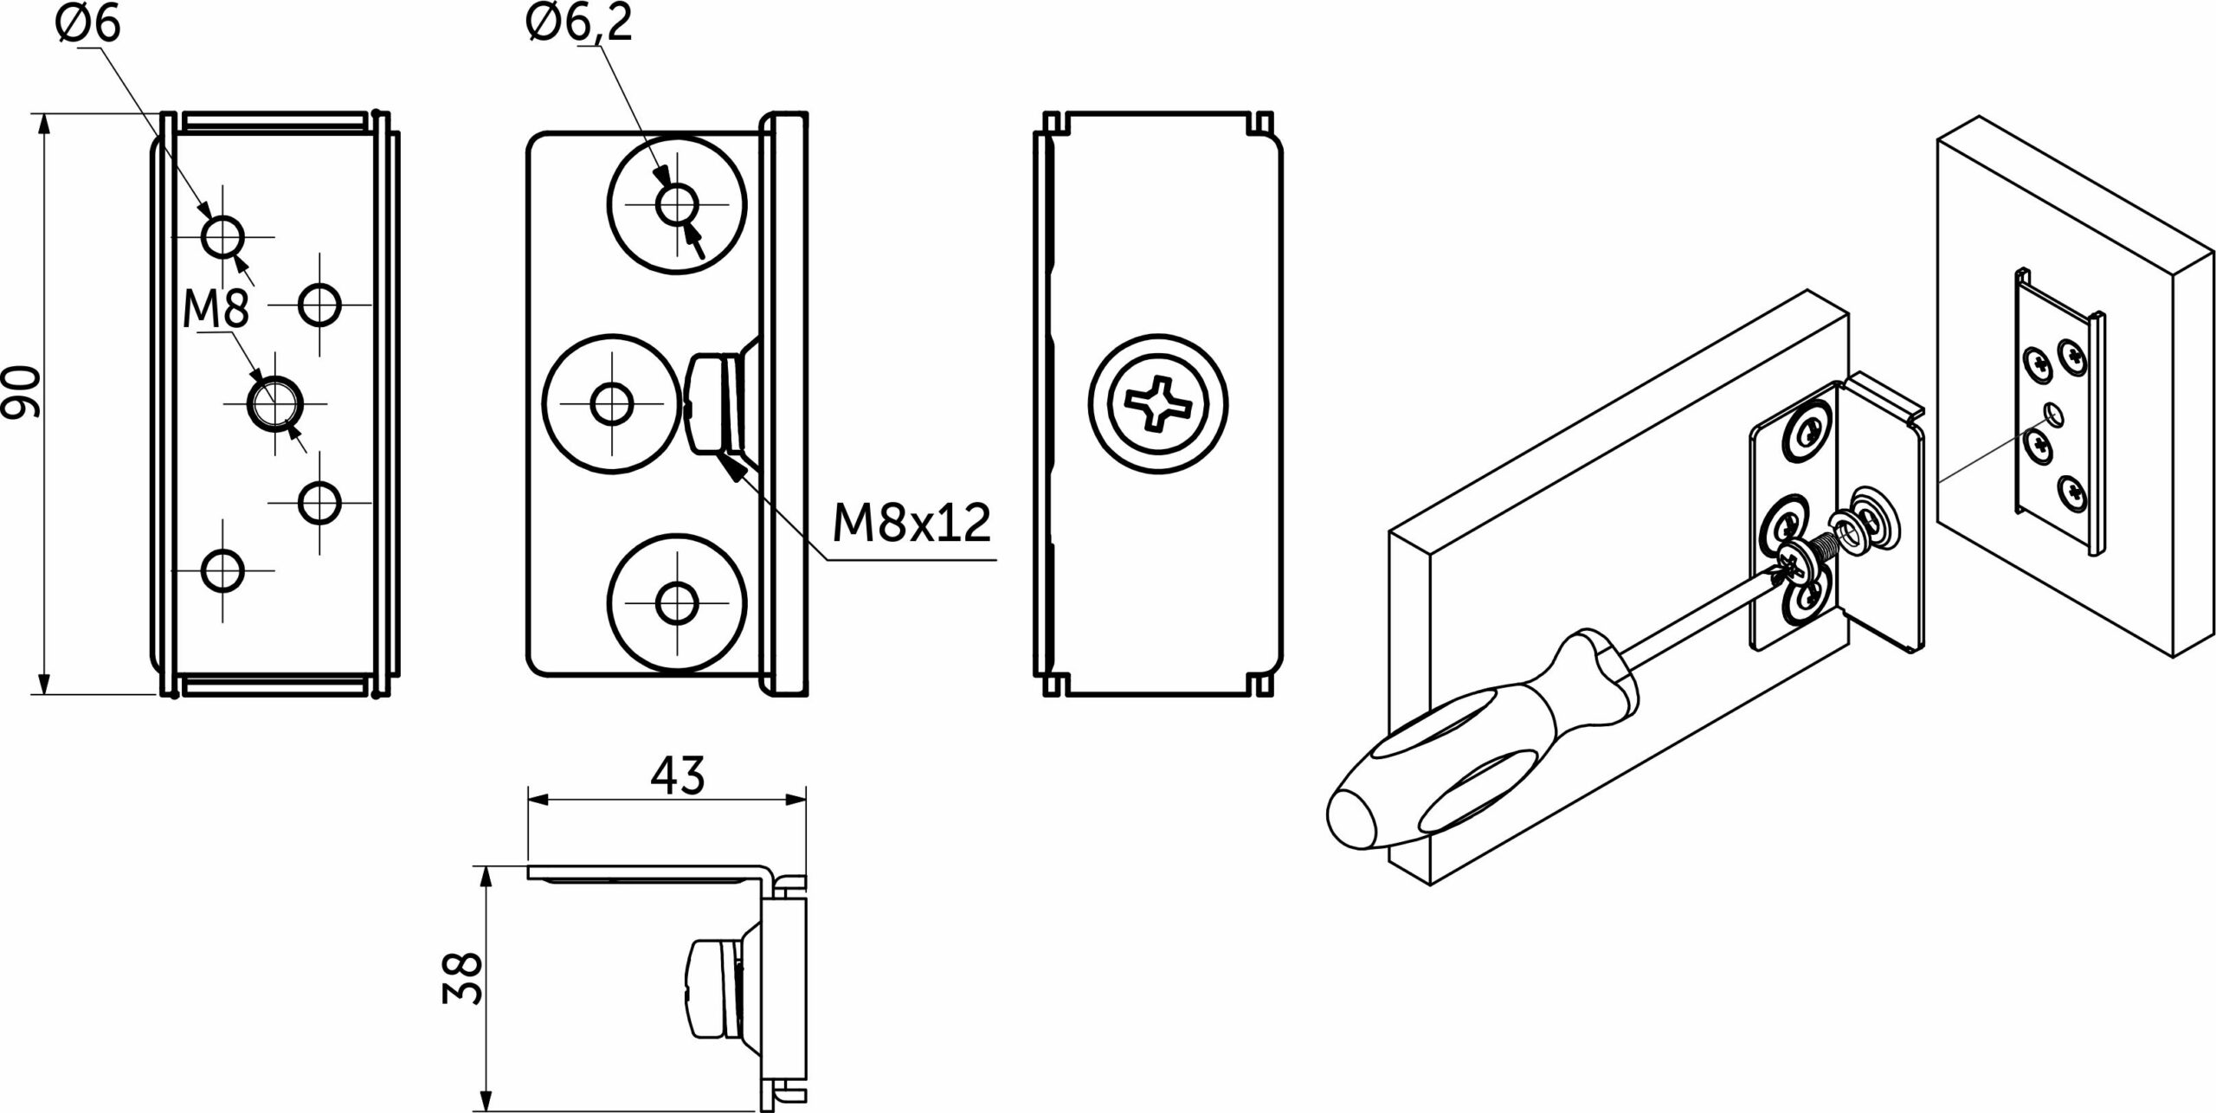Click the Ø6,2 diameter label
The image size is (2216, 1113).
[578, 23]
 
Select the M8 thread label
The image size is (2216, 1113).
[216, 309]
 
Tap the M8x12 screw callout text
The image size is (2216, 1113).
[911, 522]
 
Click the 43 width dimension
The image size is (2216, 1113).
[677, 775]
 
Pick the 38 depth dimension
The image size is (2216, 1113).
[461, 978]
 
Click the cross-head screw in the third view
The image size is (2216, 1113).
[1157, 404]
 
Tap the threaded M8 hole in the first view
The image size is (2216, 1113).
[275, 403]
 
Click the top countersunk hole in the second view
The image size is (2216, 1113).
[676, 206]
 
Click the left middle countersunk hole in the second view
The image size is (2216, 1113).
[611, 403]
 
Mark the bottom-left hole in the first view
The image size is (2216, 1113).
[222, 570]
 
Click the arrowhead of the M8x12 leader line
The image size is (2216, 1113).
[732, 467]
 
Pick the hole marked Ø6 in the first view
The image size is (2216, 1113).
[222, 236]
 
